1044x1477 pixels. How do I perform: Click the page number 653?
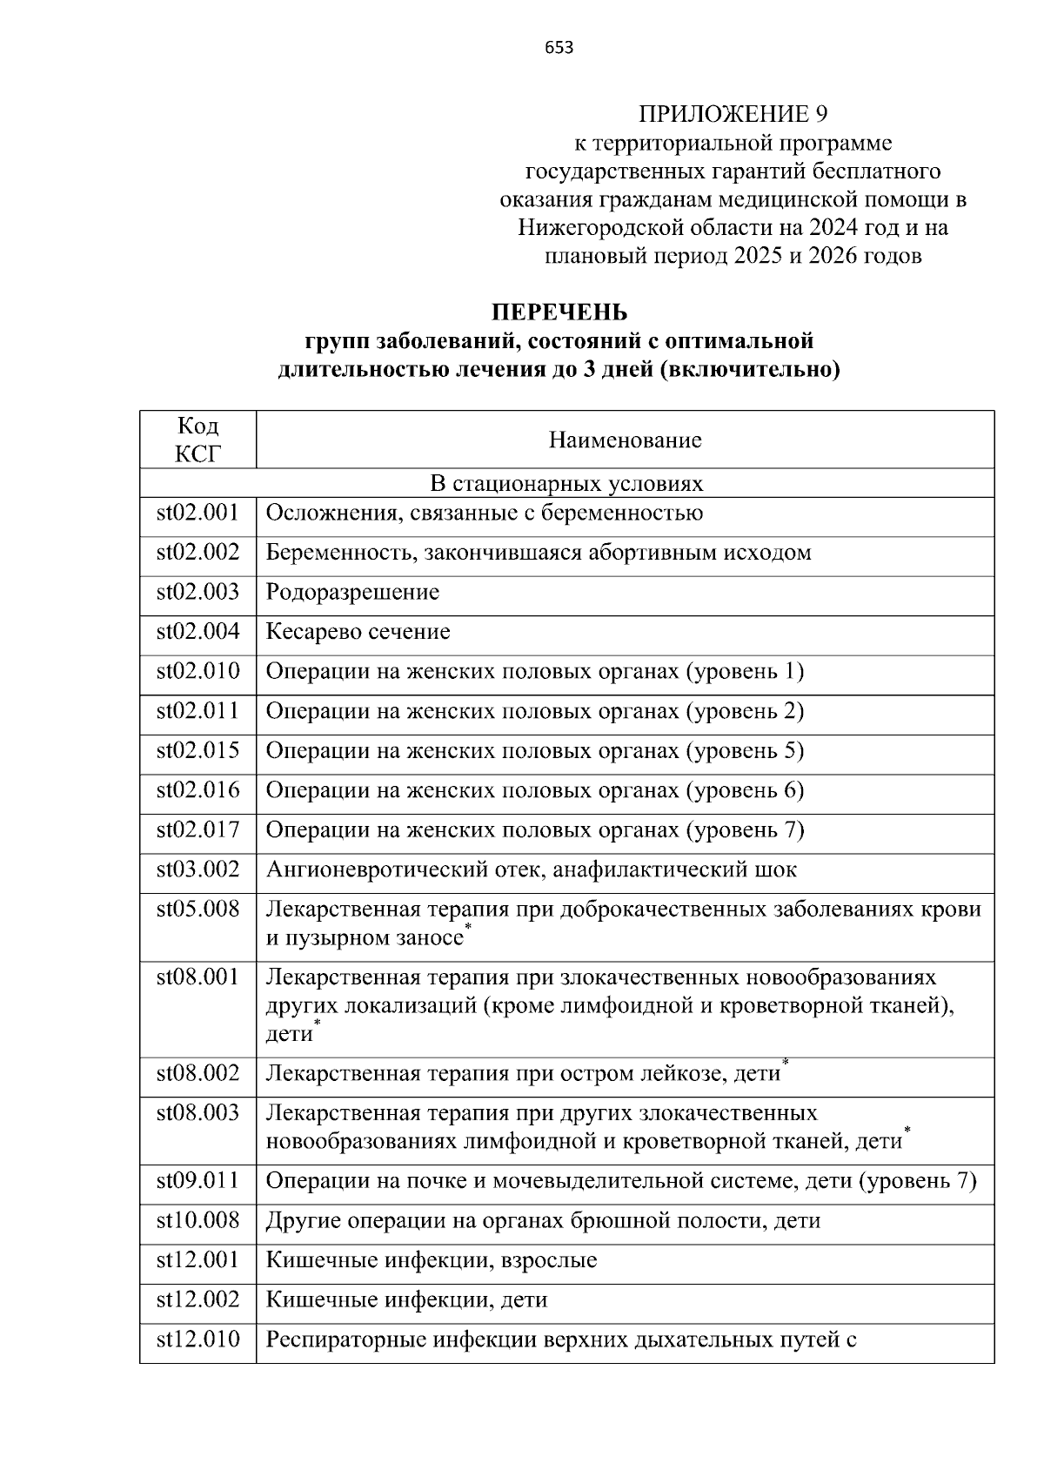pos(559,49)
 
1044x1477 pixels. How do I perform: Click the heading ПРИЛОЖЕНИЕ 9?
pos(733,114)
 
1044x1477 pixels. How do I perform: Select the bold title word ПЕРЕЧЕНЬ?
pos(559,312)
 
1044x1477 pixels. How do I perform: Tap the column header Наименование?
pos(625,440)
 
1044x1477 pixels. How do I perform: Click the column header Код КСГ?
pos(197,440)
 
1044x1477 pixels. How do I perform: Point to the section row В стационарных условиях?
pos(566,483)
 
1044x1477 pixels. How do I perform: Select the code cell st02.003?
pos(197,593)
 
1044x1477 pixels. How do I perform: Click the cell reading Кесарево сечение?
pos(358,632)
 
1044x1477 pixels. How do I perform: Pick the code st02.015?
pos(197,751)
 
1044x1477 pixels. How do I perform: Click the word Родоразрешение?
pos(352,593)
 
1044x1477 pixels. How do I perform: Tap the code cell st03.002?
pos(197,869)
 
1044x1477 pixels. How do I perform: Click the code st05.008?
pos(197,910)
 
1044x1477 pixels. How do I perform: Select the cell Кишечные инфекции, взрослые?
pos(432,1260)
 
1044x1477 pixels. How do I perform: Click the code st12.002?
pos(197,1300)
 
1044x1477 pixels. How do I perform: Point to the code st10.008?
pos(197,1221)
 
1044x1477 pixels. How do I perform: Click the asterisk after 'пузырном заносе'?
pos(468,930)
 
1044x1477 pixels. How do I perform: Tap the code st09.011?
pos(197,1181)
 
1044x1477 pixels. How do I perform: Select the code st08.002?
pos(197,1074)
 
